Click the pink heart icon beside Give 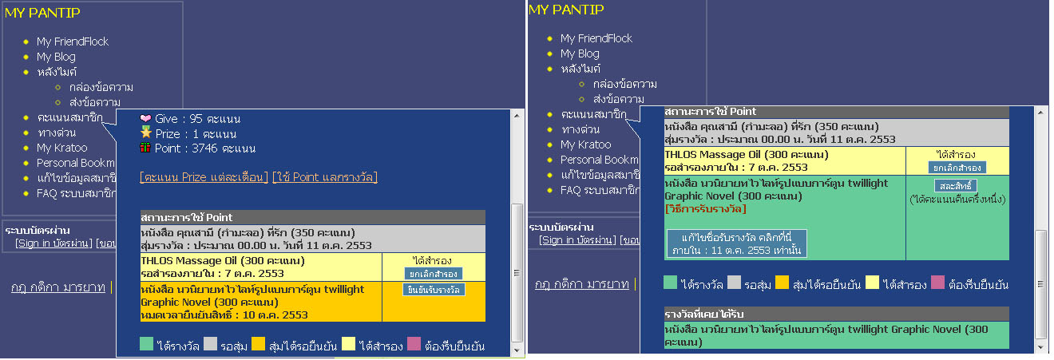(x=146, y=119)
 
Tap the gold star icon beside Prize (x=146, y=133)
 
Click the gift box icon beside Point (x=145, y=148)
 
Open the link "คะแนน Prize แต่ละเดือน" (x=204, y=177)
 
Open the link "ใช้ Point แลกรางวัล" (x=325, y=177)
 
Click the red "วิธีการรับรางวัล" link (x=705, y=208)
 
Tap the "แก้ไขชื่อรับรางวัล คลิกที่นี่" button (x=737, y=243)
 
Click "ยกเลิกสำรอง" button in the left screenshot (x=434, y=274)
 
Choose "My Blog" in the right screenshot (x=580, y=53)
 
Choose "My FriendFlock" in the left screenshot (x=73, y=42)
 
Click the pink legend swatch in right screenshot (x=937, y=283)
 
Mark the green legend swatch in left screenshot (x=146, y=344)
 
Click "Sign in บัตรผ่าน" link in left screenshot (x=54, y=243)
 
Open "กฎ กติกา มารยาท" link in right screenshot (x=582, y=284)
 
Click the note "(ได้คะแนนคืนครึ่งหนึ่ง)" (x=957, y=200)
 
